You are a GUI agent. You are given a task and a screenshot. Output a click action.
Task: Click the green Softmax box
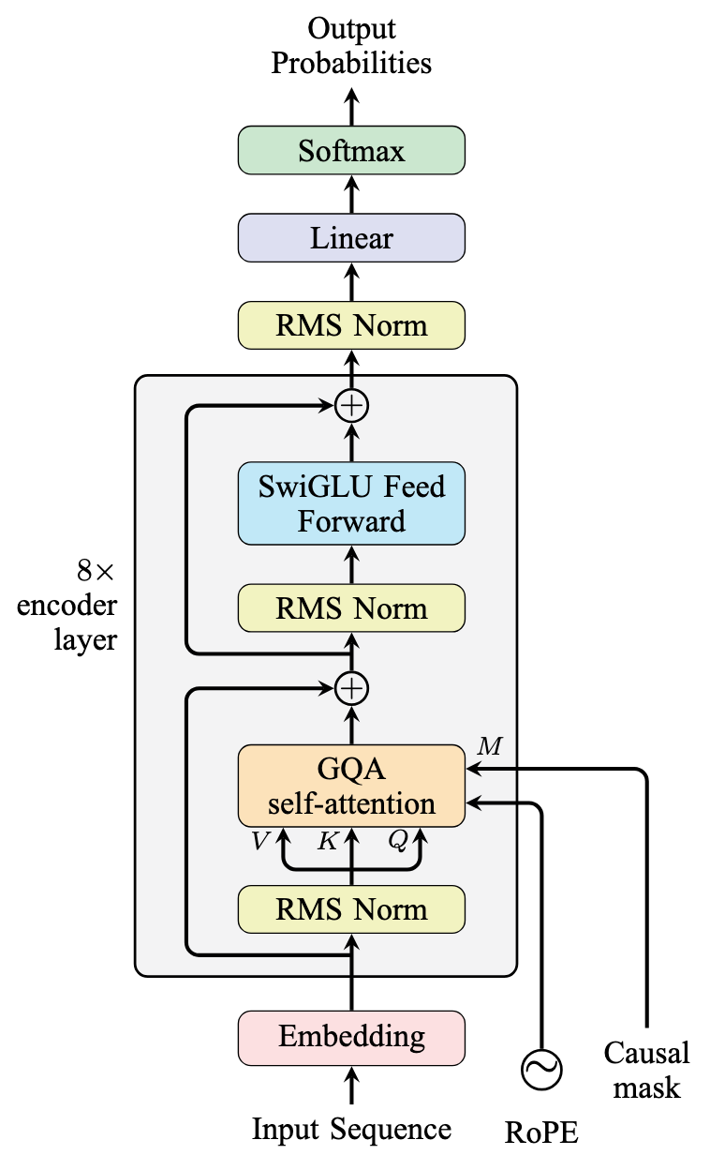351,150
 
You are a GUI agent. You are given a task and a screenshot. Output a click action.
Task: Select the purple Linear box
351,237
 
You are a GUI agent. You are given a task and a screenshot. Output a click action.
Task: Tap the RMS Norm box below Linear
351,325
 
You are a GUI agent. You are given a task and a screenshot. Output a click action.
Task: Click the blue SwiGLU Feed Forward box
351,503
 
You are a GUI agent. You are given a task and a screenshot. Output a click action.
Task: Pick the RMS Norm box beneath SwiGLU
351,608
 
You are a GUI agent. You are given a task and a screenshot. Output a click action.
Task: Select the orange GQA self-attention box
351,786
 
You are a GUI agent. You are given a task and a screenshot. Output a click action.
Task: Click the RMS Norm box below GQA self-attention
351,909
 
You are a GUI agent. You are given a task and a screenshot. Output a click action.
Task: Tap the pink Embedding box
351,1037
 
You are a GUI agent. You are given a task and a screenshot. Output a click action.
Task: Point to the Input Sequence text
351,1129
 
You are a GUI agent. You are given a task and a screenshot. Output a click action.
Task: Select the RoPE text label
542,1133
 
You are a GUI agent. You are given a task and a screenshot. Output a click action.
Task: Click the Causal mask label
646,1070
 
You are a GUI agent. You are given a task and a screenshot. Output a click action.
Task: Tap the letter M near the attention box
489,746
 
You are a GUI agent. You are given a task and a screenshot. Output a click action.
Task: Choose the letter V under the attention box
258,842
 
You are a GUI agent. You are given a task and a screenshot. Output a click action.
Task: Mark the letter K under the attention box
327,842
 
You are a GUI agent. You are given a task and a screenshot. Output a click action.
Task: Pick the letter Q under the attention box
397,842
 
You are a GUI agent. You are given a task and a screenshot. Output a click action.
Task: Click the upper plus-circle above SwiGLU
352,406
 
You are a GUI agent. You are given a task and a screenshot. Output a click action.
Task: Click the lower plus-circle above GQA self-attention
352,688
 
